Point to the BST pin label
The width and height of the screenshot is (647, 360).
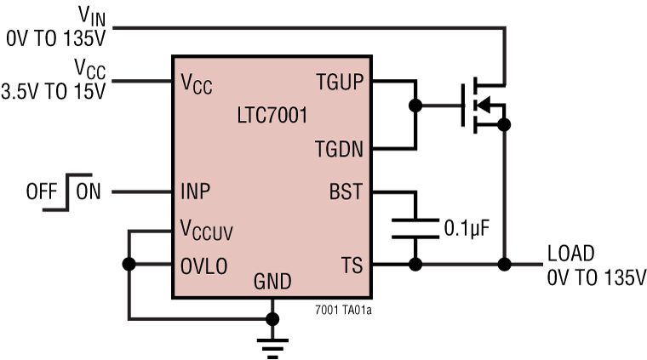click(x=345, y=192)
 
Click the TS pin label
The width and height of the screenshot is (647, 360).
click(x=351, y=265)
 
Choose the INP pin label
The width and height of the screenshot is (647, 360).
click(x=197, y=191)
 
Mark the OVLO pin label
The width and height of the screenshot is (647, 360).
click(x=204, y=265)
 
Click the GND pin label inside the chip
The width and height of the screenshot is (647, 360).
click(x=272, y=282)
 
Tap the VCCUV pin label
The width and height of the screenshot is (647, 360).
click(x=206, y=230)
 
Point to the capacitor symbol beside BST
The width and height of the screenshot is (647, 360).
click(x=415, y=228)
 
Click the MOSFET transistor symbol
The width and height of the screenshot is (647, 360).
click(x=478, y=106)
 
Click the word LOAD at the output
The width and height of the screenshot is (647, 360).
click(x=571, y=253)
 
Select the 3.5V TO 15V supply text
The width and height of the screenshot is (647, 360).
click(x=53, y=92)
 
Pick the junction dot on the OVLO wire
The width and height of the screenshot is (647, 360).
click(x=128, y=264)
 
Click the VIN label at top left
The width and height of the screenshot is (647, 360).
click(x=87, y=15)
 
